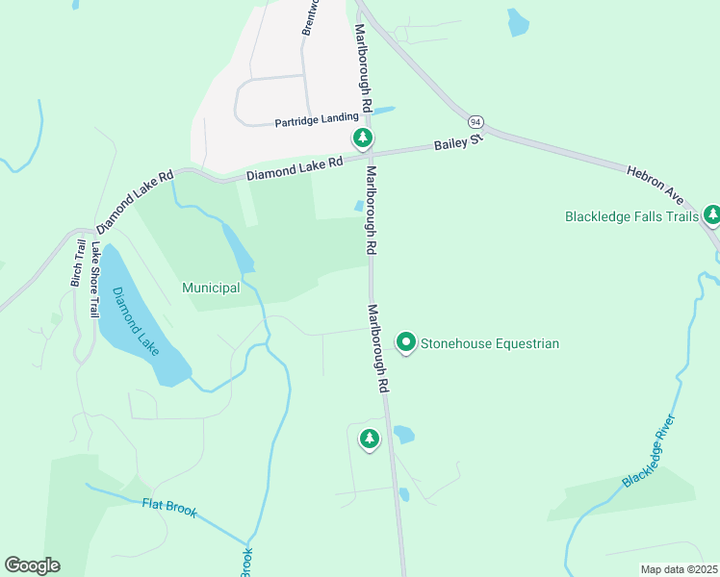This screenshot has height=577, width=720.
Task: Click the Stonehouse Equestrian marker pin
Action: pos(406,342)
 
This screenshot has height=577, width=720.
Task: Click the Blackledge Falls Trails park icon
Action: pos(711,214)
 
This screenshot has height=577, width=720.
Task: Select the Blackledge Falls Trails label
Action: pos(631,216)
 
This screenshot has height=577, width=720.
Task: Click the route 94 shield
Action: pos(476,123)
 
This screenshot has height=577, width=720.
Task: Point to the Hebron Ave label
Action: pos(655,184)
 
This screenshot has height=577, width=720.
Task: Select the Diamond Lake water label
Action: pos(135,320)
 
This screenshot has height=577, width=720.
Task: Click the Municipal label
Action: pos(211,288)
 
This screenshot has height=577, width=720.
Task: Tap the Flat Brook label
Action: pos(169,507)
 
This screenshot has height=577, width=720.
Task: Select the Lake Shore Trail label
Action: pos(93,279)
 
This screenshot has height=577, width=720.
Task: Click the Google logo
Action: pos(32,565)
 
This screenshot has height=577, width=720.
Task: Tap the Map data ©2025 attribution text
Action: pos(679,569)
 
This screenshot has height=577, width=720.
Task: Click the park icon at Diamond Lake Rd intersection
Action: pos(362,138)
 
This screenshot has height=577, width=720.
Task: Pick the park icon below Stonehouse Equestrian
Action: pos(369,439)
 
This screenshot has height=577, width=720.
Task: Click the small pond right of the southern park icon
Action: pos(403,435)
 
